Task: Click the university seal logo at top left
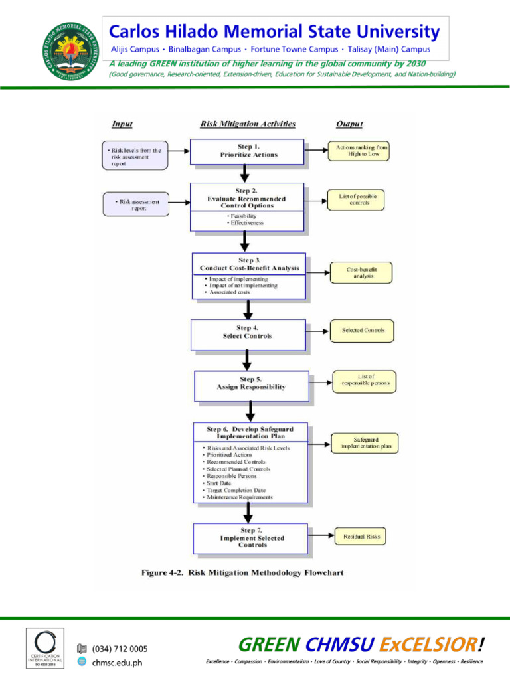click(x=69, y=50)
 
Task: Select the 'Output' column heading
click(x=349, y=124)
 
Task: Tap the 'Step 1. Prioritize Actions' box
click(x=248, y=151)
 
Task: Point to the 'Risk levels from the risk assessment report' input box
click(x=135, y=155)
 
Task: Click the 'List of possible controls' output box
click(x=358, y=199)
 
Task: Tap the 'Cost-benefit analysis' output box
click(x=361, y=272)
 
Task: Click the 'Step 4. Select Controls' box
click(x=248, y=333)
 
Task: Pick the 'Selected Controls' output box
click(x=363, y=330)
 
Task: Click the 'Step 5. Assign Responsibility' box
click(x=251, y=384)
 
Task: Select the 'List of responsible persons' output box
click(x=365, y=380)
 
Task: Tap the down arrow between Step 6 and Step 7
click(x=248, y=513)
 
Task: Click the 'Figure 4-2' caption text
click(x=242, y=572)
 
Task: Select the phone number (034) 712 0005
click(x=120, y=649)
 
